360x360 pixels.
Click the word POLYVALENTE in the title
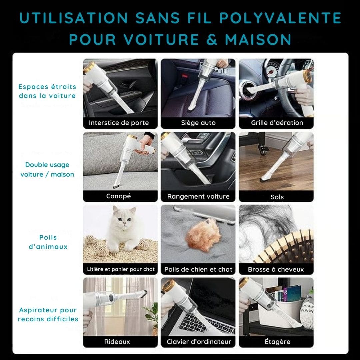tap(280, 18)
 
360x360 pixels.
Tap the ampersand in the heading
tap(212, 39)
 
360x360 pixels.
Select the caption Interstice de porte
tap(119, 123)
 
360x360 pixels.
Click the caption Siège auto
tap(198, 123)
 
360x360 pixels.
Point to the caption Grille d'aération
tap(277, 123)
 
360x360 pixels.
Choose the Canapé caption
tap(118, 196)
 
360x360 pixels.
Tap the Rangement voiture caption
tap(198, 196)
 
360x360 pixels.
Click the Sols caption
tap(277, 197)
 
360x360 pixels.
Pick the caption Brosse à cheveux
tap(276, 269)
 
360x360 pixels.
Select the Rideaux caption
tap(117, 342)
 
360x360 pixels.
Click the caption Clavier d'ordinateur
tap(199, 342)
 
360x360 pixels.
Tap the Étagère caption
tap(278, 341)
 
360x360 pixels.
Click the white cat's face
tap(124, 219)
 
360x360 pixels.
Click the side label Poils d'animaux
tap(48, 242)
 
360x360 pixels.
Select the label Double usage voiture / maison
tap(47, 169)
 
